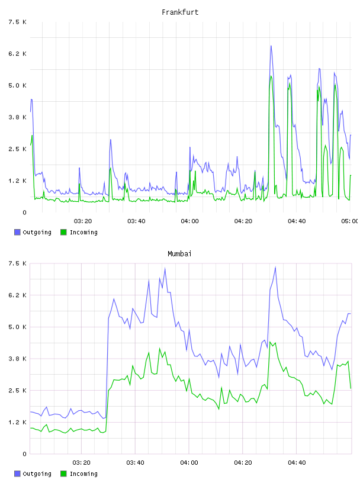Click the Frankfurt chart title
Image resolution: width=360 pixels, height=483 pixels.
tap(180, 12)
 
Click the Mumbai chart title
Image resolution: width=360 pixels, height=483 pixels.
tap(179, 254)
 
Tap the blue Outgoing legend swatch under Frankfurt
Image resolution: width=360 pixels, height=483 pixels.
tap(17, 232)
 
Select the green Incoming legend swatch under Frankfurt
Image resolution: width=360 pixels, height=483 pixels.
tap(63, 232)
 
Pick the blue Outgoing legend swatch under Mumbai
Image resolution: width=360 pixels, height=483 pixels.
tap(17, 474)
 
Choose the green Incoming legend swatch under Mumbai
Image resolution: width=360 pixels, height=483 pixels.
tap(63, 474)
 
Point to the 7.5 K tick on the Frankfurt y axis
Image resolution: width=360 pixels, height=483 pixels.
tap(18, 22)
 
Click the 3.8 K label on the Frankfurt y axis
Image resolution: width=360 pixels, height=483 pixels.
tap(18, 117)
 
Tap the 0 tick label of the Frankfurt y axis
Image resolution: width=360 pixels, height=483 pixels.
tap(25, 212)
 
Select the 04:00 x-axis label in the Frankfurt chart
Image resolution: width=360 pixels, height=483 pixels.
tap(189, 221)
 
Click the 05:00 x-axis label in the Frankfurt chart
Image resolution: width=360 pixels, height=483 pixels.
tap(349, 221)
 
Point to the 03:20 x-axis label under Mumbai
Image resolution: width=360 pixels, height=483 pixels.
tap(81, 463)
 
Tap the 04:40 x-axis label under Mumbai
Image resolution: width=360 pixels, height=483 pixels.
tap(297, 463)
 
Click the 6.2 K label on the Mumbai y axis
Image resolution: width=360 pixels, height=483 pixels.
tap(18, 295)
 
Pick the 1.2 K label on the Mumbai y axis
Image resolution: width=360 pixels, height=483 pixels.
tap(18, 422)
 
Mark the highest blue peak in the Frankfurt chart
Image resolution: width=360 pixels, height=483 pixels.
tap(271, 46)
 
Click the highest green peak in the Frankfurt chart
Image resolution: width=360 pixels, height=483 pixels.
tap(271, 76)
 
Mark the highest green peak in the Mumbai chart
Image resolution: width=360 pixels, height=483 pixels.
tap(270, 342)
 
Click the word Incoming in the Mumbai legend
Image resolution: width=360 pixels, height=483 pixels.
tap(83, 474)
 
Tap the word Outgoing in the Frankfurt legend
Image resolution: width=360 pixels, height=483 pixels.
tap(37, 233)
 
